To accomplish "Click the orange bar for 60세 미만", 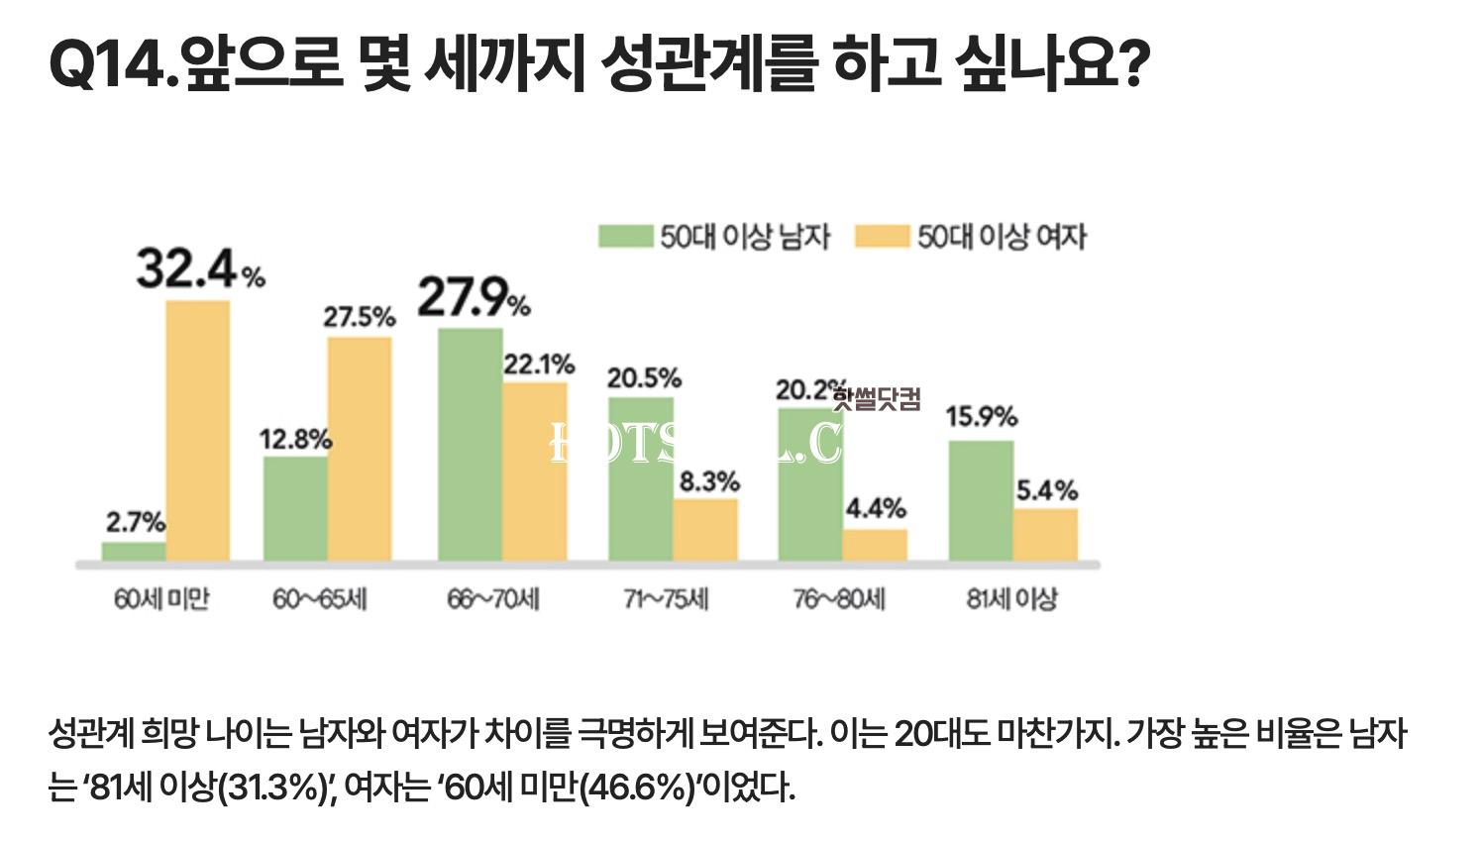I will (197, 431).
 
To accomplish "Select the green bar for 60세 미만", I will (134, 551).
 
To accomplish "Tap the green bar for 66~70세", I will (471, 445).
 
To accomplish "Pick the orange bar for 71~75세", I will (705, 530).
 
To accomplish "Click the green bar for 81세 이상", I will (981, 500).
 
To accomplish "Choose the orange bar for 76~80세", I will (875, 545).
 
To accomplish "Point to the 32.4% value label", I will (199, 269).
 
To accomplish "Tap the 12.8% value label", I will (295, 440).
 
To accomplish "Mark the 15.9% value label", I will (981, 417).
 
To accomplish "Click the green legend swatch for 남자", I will (626, 237).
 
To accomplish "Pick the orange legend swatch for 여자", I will (882, 237).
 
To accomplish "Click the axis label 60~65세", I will (320, 599).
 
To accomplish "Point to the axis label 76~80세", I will (839, 599).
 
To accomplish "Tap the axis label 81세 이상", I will (1011, 599).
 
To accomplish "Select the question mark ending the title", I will (1130, 67).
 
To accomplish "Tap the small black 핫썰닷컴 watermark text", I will (877, 399).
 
